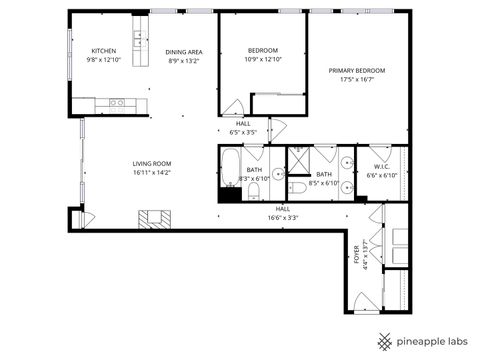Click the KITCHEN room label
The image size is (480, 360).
104,51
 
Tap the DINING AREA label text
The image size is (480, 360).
184,51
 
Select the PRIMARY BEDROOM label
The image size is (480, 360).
357,70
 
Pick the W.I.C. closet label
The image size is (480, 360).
382,166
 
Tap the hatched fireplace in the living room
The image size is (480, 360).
154,218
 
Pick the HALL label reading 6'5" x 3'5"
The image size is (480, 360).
243,127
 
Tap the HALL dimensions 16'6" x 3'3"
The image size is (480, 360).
283,217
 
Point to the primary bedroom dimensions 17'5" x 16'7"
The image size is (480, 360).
357,81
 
